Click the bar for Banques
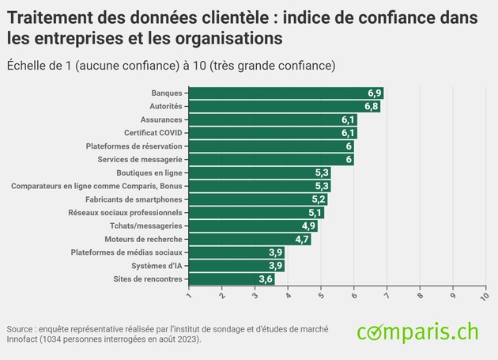(286, 93)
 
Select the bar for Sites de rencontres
(232, 279)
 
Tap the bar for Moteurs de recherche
(250, 239)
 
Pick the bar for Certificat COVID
(273, 132)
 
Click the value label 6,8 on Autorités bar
(371, 106)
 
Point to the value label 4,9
(308, 225)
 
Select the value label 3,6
(266, 279)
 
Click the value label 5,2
(318, 199)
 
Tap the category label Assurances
(160, 119)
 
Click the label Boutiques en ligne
(149, 172)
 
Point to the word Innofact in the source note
(24, 339)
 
